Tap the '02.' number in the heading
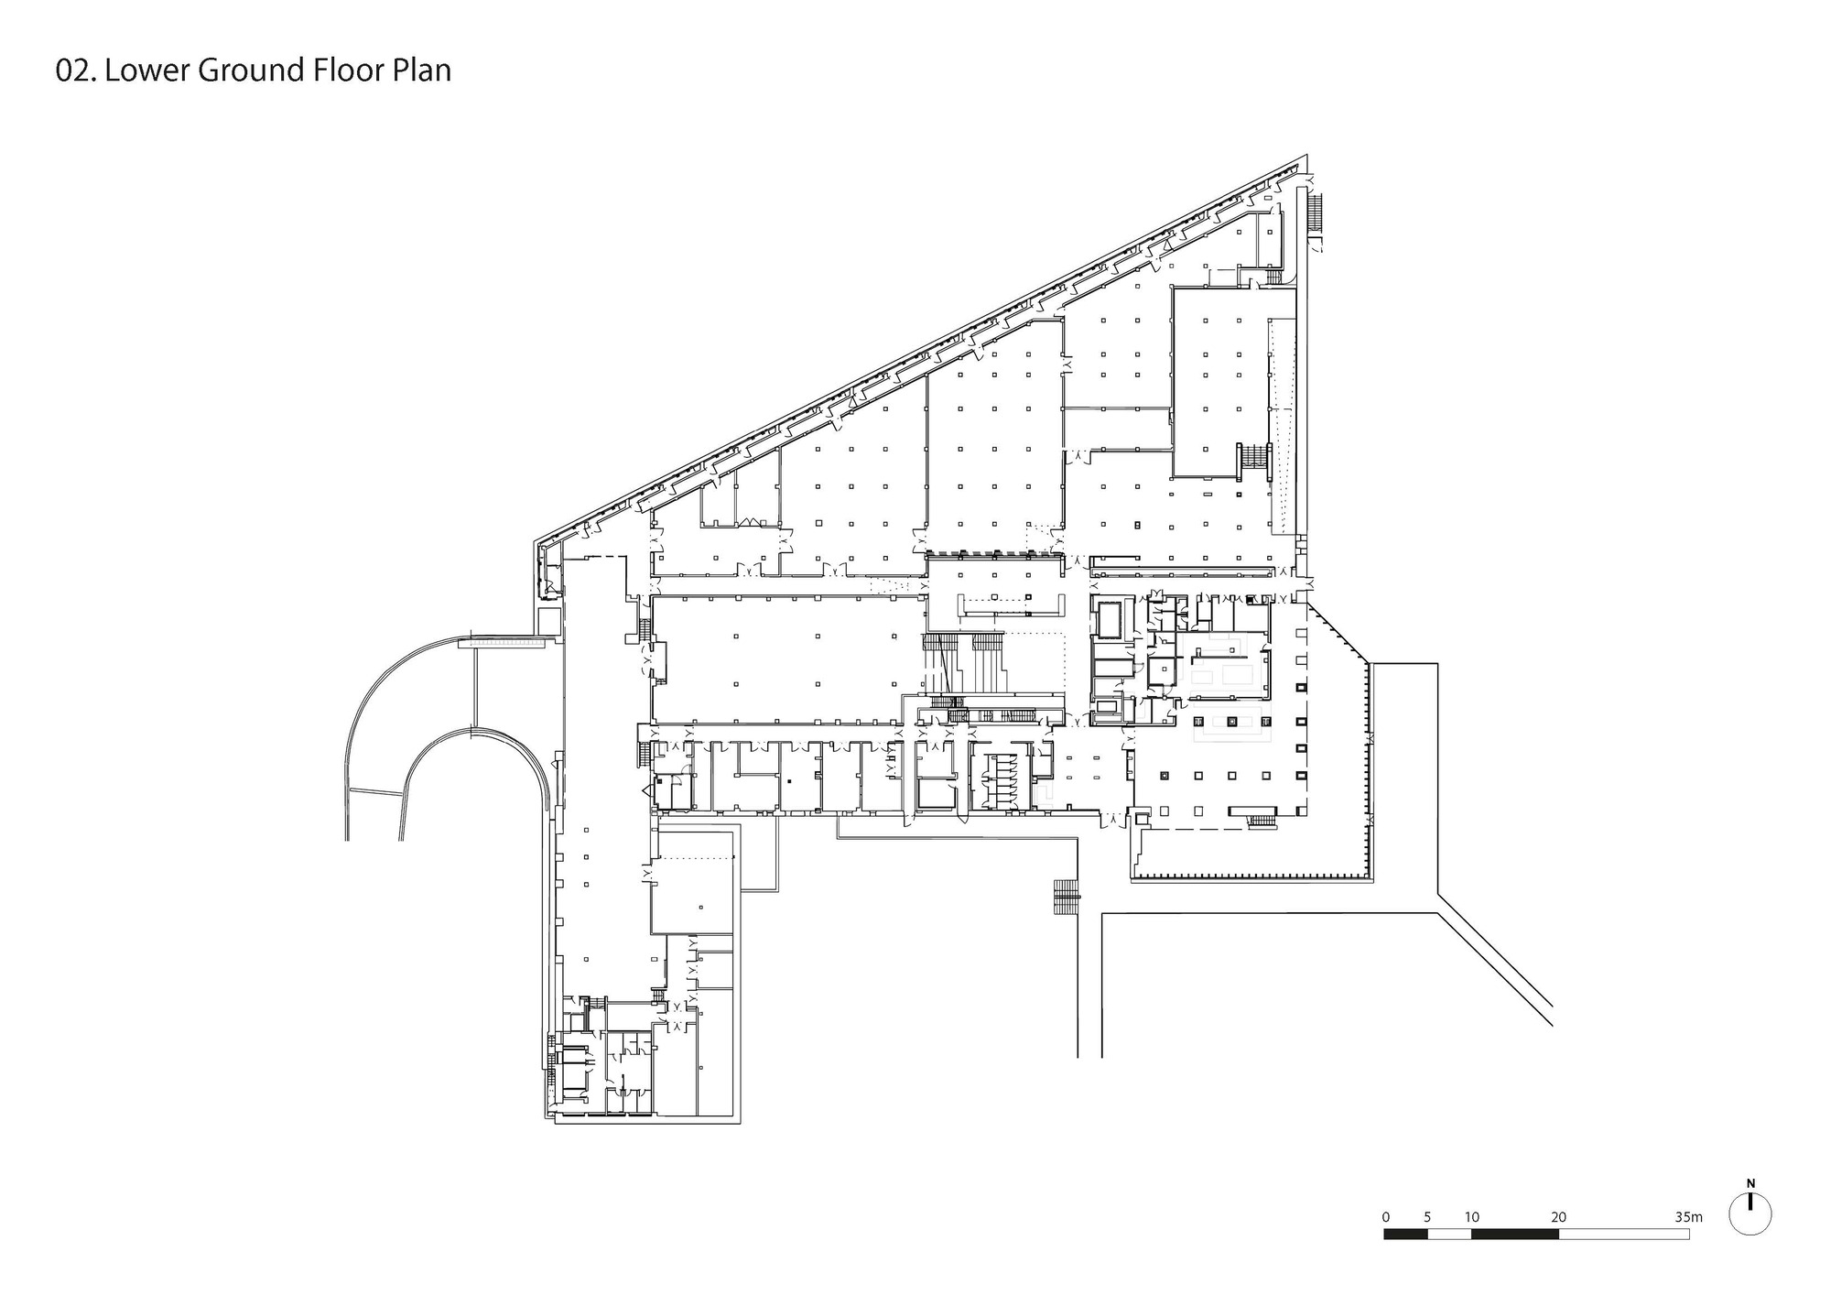(x=76, y=71)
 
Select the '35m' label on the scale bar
(x=1687, y=1217)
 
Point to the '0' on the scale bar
(x=1386, y=1217)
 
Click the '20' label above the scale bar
(x=1558, y=1217)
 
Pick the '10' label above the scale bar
(x=1471, y=1217)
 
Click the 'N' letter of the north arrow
(x=1750, y=1183)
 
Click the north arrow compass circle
(x=1750, y=1216)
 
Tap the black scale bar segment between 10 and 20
(x=1514, y=1234)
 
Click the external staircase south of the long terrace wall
(x=1067, y=897)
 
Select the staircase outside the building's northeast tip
(x=1316, y=212)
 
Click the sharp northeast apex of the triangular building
(x=1306, y=157)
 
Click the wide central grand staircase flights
(x=966, y=664)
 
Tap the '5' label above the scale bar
(x=1427, y=1217)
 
